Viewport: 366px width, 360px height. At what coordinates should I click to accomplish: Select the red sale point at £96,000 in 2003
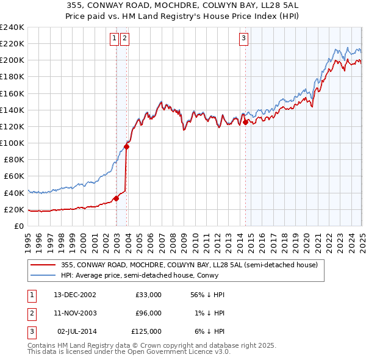[x=126, y=146]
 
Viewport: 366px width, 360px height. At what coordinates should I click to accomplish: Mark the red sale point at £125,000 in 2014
[x=245, y=122]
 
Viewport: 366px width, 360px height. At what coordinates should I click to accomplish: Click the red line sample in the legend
[x=44, y=265]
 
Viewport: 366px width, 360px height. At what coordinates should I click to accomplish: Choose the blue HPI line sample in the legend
[x=44, y=275]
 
